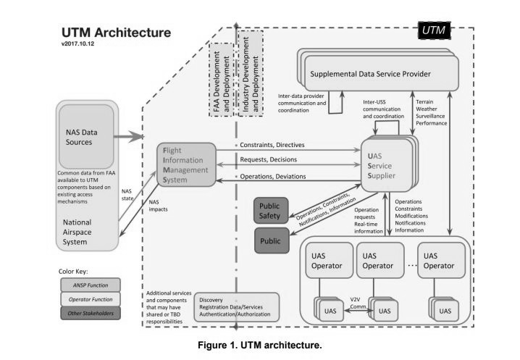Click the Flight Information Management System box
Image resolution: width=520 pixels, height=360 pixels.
[x=186, y=164]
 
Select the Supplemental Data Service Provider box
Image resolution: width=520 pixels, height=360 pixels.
[x=378, y=70]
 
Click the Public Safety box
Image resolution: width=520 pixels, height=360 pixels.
[x=271, y=211]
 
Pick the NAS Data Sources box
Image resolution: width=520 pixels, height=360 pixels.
[x=86, y=137]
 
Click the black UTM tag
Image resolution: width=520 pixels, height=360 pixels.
[x=434, y=30]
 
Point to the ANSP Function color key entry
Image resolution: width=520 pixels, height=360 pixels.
[x=91, y=285]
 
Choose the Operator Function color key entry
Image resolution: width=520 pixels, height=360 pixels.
[x=91, y=299]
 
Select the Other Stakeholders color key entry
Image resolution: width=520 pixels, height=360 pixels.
[x=91, y=313]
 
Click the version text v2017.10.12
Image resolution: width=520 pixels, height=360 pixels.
[x=77, y=43]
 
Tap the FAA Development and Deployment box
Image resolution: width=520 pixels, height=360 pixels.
[x=221, y=80]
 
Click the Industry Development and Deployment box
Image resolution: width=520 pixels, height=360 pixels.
[x=251, y=74]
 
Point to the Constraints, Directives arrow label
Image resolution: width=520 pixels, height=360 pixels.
[x=272, y=145]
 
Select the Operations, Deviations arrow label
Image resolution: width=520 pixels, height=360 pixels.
[x=273, y=177]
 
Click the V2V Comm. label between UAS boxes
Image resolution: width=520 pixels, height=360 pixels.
[x=358, y=303]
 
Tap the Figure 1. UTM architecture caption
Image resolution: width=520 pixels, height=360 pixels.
[x=260, y=345]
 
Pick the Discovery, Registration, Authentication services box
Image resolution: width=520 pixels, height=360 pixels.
[x=236, y=307]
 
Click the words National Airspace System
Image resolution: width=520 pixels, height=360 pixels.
[x=77, y=233]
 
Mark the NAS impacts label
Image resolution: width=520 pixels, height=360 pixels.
[x=158, y=206]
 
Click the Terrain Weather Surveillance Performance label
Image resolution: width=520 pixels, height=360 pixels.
[x=432, y=112]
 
